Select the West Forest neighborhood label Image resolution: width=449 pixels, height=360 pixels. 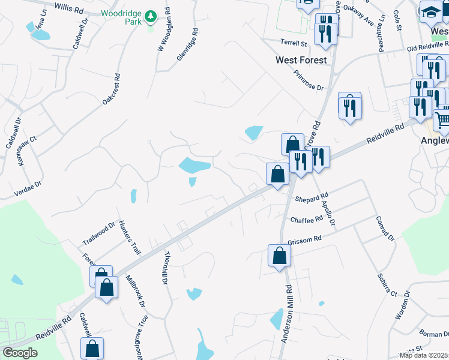301,60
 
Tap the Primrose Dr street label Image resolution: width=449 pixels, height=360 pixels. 309,80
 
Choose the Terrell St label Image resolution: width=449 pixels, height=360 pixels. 294,43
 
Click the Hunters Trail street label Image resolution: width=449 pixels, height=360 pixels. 128,237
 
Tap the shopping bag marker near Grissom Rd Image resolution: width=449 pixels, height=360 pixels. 280,256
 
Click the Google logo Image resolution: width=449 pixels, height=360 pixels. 20,353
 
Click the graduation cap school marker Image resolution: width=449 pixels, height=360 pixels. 431,11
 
